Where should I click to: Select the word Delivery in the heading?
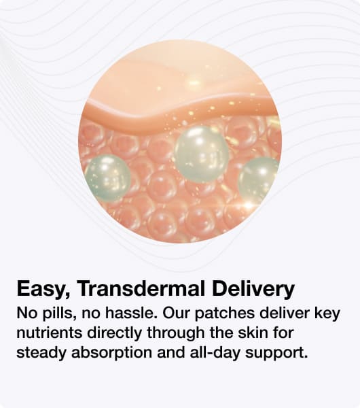pos(253,289)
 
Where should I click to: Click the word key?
pos(327,313)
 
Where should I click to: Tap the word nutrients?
pos(50,333)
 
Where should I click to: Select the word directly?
pos(115,334)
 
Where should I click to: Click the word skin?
pos(253,333)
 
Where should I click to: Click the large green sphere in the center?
pos(202,154)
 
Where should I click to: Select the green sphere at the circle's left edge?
pos(107,177)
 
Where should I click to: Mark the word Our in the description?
pos(176,313)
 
